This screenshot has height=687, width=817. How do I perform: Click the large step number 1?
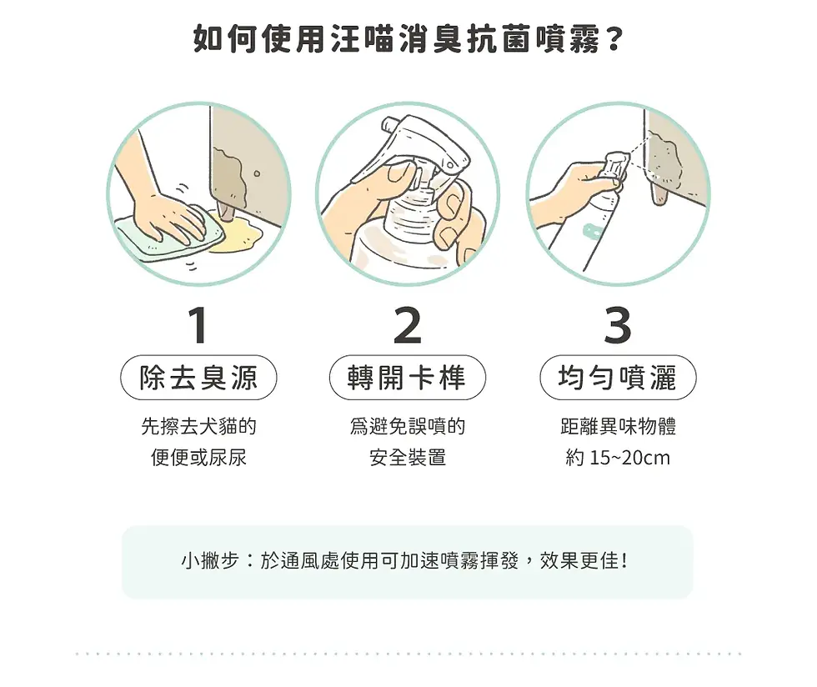tap(198, 326)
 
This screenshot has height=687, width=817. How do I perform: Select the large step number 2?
tap(407, 326)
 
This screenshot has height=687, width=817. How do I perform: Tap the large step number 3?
tap(617, 326)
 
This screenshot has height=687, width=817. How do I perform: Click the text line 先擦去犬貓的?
tap(198, 427)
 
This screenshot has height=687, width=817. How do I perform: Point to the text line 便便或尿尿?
tap(198, 458)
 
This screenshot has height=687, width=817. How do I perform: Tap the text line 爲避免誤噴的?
tap(407, 427)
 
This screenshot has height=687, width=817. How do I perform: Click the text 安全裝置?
tap(407, 458)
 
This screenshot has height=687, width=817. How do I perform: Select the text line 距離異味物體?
tap(618, 427)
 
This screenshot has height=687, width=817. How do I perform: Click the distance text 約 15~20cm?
tap(618, 458)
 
